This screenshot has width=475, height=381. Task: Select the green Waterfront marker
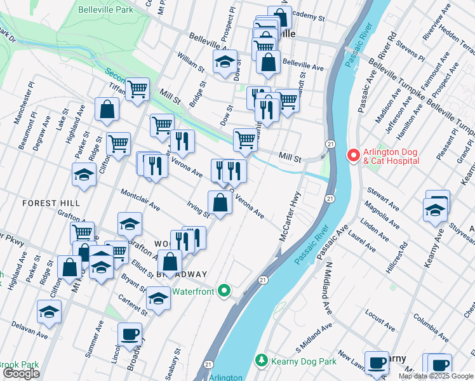[x=224, y=291]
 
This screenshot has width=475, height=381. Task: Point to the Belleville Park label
[x=105, y=10]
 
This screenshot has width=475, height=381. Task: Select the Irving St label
[x=197, y=208]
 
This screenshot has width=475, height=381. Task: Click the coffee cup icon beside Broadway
[x=130, y=334]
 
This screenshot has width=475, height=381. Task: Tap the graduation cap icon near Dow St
[x=225, y=62]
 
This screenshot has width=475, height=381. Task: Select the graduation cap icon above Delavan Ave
[x=49, y=312]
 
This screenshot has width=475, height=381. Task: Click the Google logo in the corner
[x=21, y=373]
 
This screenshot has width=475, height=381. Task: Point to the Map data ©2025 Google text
[x=436, y=376]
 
